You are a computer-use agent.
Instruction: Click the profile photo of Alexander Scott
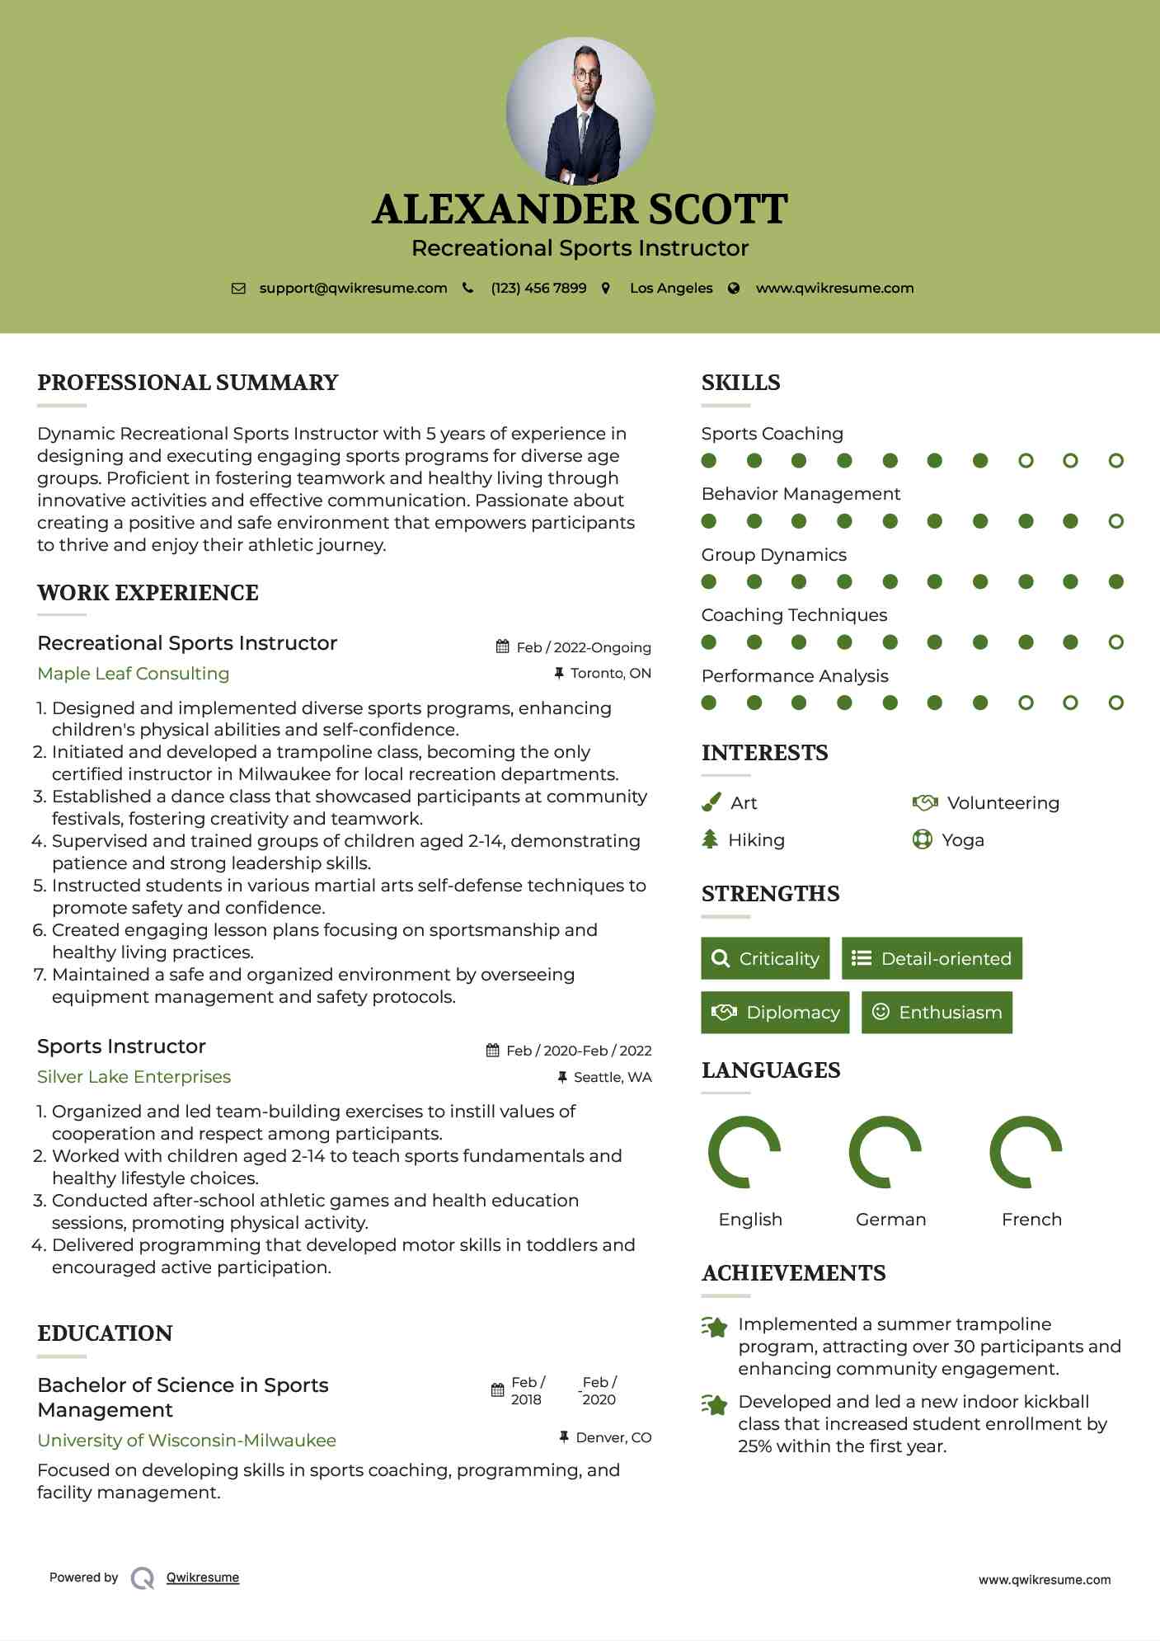(x=580, y=110)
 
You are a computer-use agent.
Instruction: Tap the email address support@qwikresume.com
(x=353, y=288)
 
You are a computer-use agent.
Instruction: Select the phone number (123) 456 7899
(x=538, y=288)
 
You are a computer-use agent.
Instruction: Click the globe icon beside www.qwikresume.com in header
(x=734, y=288)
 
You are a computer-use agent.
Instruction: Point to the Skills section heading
(x=740, y=383)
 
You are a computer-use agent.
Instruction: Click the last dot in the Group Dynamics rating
(x=1115, y=581)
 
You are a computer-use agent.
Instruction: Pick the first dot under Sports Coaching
(x=709, y=460)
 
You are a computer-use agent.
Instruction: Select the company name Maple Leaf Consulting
(x=134, y=673)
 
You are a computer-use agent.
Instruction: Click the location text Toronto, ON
(x=610, y=673)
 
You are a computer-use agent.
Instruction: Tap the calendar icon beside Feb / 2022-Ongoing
(x=502, y=647)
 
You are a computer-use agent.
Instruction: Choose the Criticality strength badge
(x=765, y=958)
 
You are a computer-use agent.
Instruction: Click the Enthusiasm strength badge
(x=937, y=1012)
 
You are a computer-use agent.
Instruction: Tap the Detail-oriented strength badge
(x=932, y=958)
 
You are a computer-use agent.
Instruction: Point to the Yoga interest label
(x=962, y=839)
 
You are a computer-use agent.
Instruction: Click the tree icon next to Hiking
(x=710, y=839)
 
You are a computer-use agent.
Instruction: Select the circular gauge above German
(x=885, y=1152)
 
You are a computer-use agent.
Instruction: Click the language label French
(x=1031, y=1219)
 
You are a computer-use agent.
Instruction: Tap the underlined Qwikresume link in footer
(x=203, y=1577)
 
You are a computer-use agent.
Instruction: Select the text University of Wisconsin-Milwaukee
(x=187, y=1440)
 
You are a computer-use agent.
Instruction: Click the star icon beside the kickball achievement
(x=715, y=1404)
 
